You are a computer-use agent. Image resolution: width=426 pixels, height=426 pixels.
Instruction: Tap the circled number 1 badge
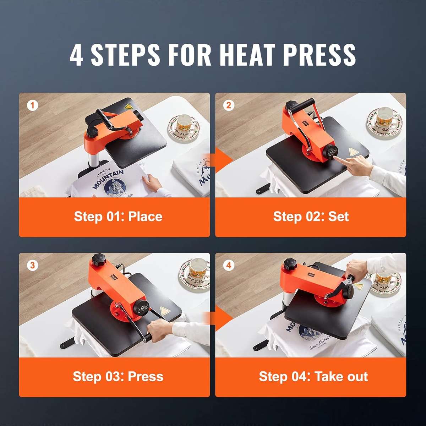tap(33, 105)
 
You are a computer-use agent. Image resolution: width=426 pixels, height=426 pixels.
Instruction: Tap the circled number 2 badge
tap(229, 105)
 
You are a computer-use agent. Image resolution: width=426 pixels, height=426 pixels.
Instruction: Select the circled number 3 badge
tap(33, 265)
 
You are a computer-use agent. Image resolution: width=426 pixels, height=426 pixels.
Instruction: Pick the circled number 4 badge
tap(229, 265)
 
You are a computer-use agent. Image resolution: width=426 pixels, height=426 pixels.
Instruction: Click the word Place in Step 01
tap(145, 217)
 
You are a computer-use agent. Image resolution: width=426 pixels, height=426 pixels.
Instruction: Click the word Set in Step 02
tap(338, 217)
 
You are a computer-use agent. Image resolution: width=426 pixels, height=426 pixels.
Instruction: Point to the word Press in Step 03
tap(146, 376)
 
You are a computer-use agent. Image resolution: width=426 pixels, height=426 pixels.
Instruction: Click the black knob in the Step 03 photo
tap(99, 262)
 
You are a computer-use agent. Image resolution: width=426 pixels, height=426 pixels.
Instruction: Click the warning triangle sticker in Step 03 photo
tap(164, 311)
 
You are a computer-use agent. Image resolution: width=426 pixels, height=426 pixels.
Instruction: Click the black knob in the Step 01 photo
tap(93, 132)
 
